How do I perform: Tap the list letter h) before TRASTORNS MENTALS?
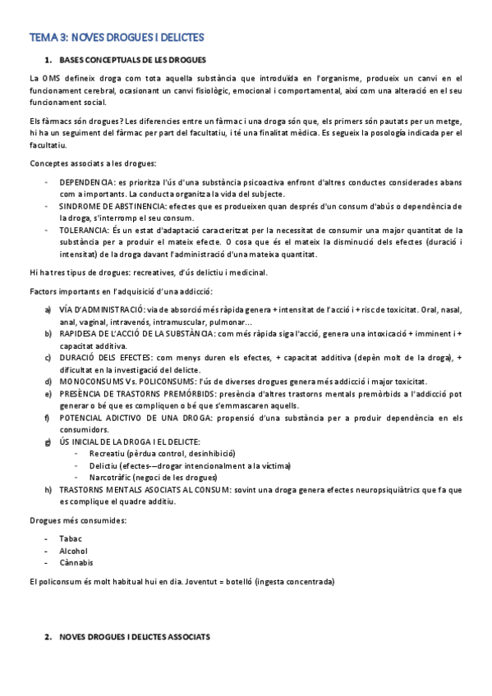(48, 489)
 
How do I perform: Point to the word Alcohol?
(74, 550)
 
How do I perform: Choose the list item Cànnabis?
(76, 562)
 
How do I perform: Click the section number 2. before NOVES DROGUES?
(48, 637)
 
